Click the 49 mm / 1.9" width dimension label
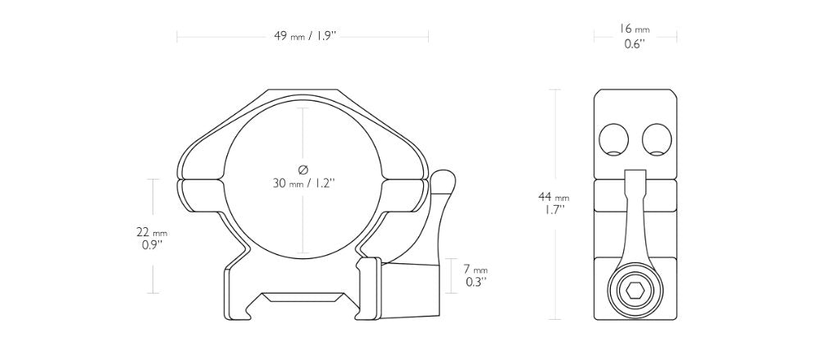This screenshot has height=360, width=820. [304, 36]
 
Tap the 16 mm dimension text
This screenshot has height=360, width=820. [635, 30]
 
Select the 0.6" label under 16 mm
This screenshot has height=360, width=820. [635, 44]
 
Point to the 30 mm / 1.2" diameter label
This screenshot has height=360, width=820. [303, 183]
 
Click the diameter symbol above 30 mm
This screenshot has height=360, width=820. [303, 170]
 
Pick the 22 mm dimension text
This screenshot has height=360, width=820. [153, 232]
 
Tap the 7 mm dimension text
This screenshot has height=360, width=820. [476, 270]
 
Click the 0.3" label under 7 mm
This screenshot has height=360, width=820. [476, 282]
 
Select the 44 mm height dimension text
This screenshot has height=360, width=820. [553, 198]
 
